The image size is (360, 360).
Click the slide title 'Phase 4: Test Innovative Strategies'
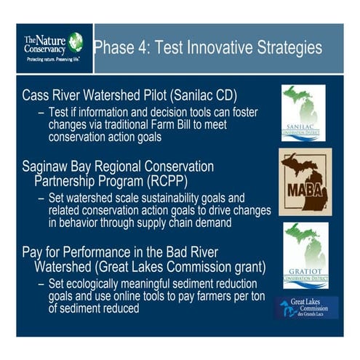(208, 49)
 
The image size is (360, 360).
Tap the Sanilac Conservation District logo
(303, 113)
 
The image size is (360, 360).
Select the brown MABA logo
(305, 182)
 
